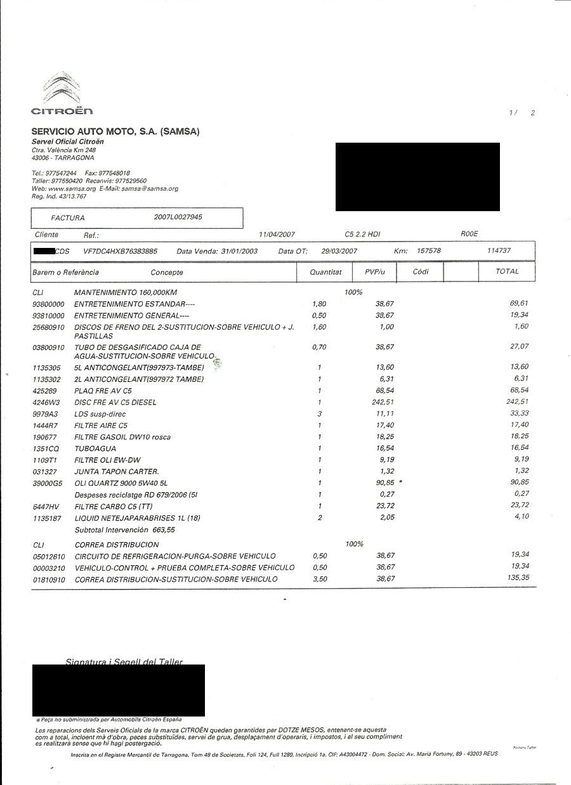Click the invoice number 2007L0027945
[178, 217]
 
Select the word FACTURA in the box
[68, 218]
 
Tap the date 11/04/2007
[277, 235]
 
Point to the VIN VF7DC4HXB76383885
[120, 251]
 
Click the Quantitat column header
[325, 272]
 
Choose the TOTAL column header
[507, 271]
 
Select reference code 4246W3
[45, 402]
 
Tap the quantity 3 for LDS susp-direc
[320, 413]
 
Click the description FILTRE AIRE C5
[101, 425]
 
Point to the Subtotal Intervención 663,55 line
[124, 529]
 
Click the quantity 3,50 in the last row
[320, 579]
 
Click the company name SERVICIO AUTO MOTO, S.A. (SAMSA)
[115, 132]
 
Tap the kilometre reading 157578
[428, 251]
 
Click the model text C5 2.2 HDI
[363, 235]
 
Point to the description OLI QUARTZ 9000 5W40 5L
[122, 483]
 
